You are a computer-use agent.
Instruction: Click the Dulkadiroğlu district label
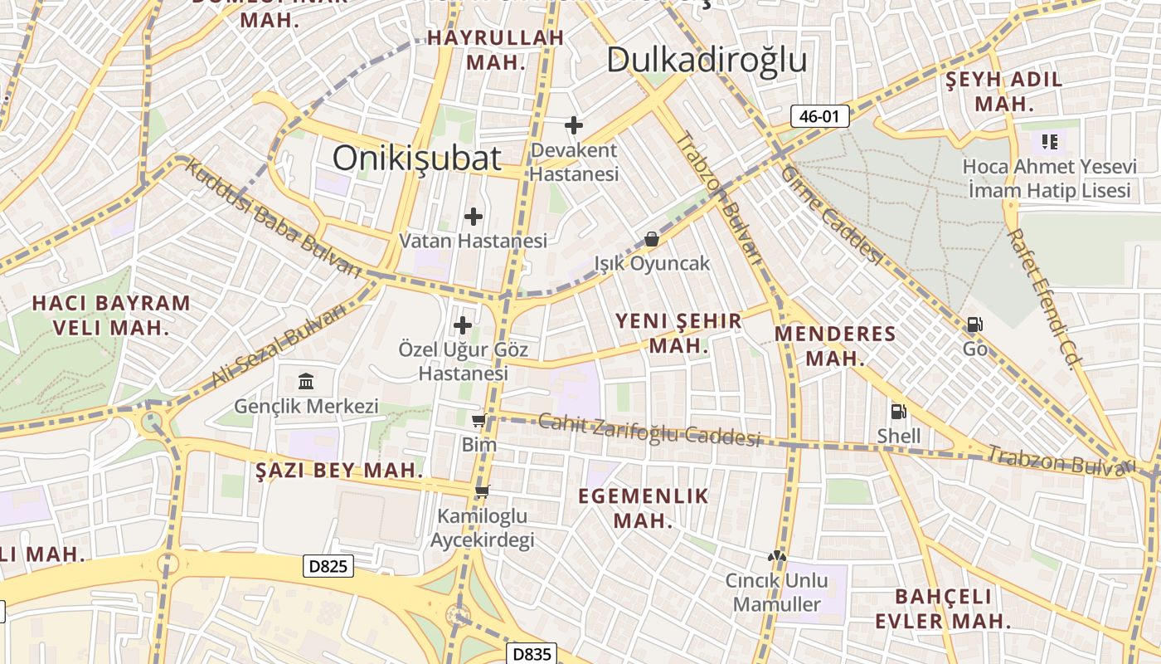(x=707, y=60)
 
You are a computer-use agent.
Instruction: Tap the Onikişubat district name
(x=417, y=158)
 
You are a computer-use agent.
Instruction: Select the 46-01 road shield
(x=819, y=116)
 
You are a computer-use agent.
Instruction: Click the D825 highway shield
(x=328, y=566)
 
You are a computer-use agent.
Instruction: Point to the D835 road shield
(x=532, y=654)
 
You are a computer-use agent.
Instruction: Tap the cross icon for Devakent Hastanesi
(x=573, y=125)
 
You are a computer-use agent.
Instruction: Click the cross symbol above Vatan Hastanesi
(x=473, y=217)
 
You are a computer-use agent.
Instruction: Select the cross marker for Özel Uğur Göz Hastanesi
(x=463, y=325)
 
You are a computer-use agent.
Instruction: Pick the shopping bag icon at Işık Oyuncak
(x=652, y=239)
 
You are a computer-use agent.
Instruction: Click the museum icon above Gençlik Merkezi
(x=306, y=382)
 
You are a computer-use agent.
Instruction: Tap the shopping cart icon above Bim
(x=478, y=421)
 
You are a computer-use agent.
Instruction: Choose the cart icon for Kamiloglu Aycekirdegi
(x=482, y=491)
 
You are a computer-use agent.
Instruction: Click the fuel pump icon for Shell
(x=898, y=411)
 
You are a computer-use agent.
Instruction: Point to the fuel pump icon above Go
(x=975, y=325)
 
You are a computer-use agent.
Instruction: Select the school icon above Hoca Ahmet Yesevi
(x=1050, y=142)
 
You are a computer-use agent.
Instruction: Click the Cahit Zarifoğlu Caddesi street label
(x=649, y=429)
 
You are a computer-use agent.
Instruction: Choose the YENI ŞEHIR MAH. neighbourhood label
(x=678, y=333)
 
